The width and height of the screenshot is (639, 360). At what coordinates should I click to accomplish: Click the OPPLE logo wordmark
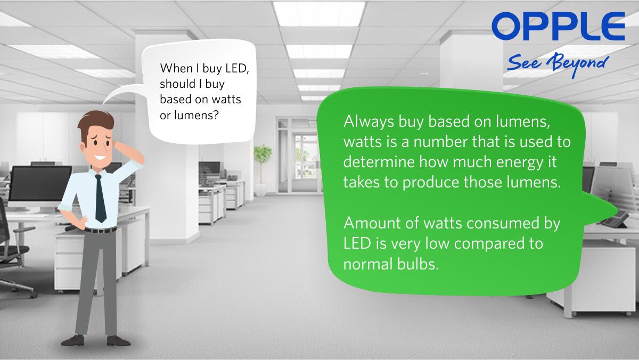tap(558, 28)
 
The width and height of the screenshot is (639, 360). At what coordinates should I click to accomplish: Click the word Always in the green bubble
tap(368, 121)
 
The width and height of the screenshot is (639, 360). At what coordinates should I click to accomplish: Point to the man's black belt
tap(100, 230)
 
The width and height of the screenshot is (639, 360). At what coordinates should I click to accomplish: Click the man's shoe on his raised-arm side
tap(118, 340)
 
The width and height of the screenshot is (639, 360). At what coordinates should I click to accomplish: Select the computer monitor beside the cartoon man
tap(40, 184)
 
